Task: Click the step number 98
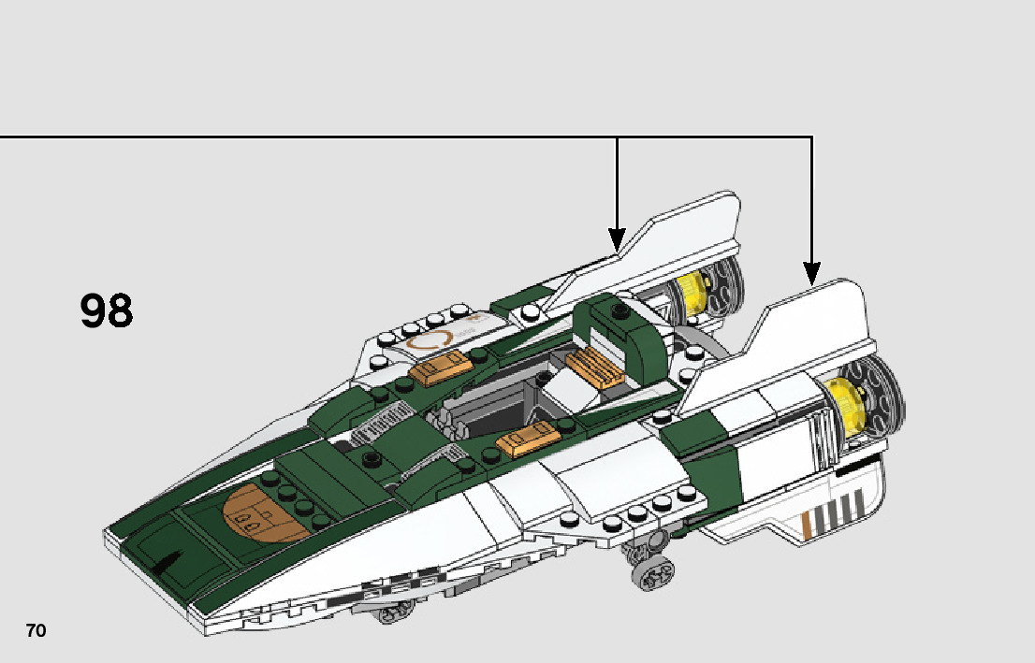(x=107, y=311)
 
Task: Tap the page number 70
(x=36, y=631)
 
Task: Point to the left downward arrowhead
(x=616, y=238)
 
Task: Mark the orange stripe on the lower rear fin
(x=807, y=527)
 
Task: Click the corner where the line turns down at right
(x=811, y=137)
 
